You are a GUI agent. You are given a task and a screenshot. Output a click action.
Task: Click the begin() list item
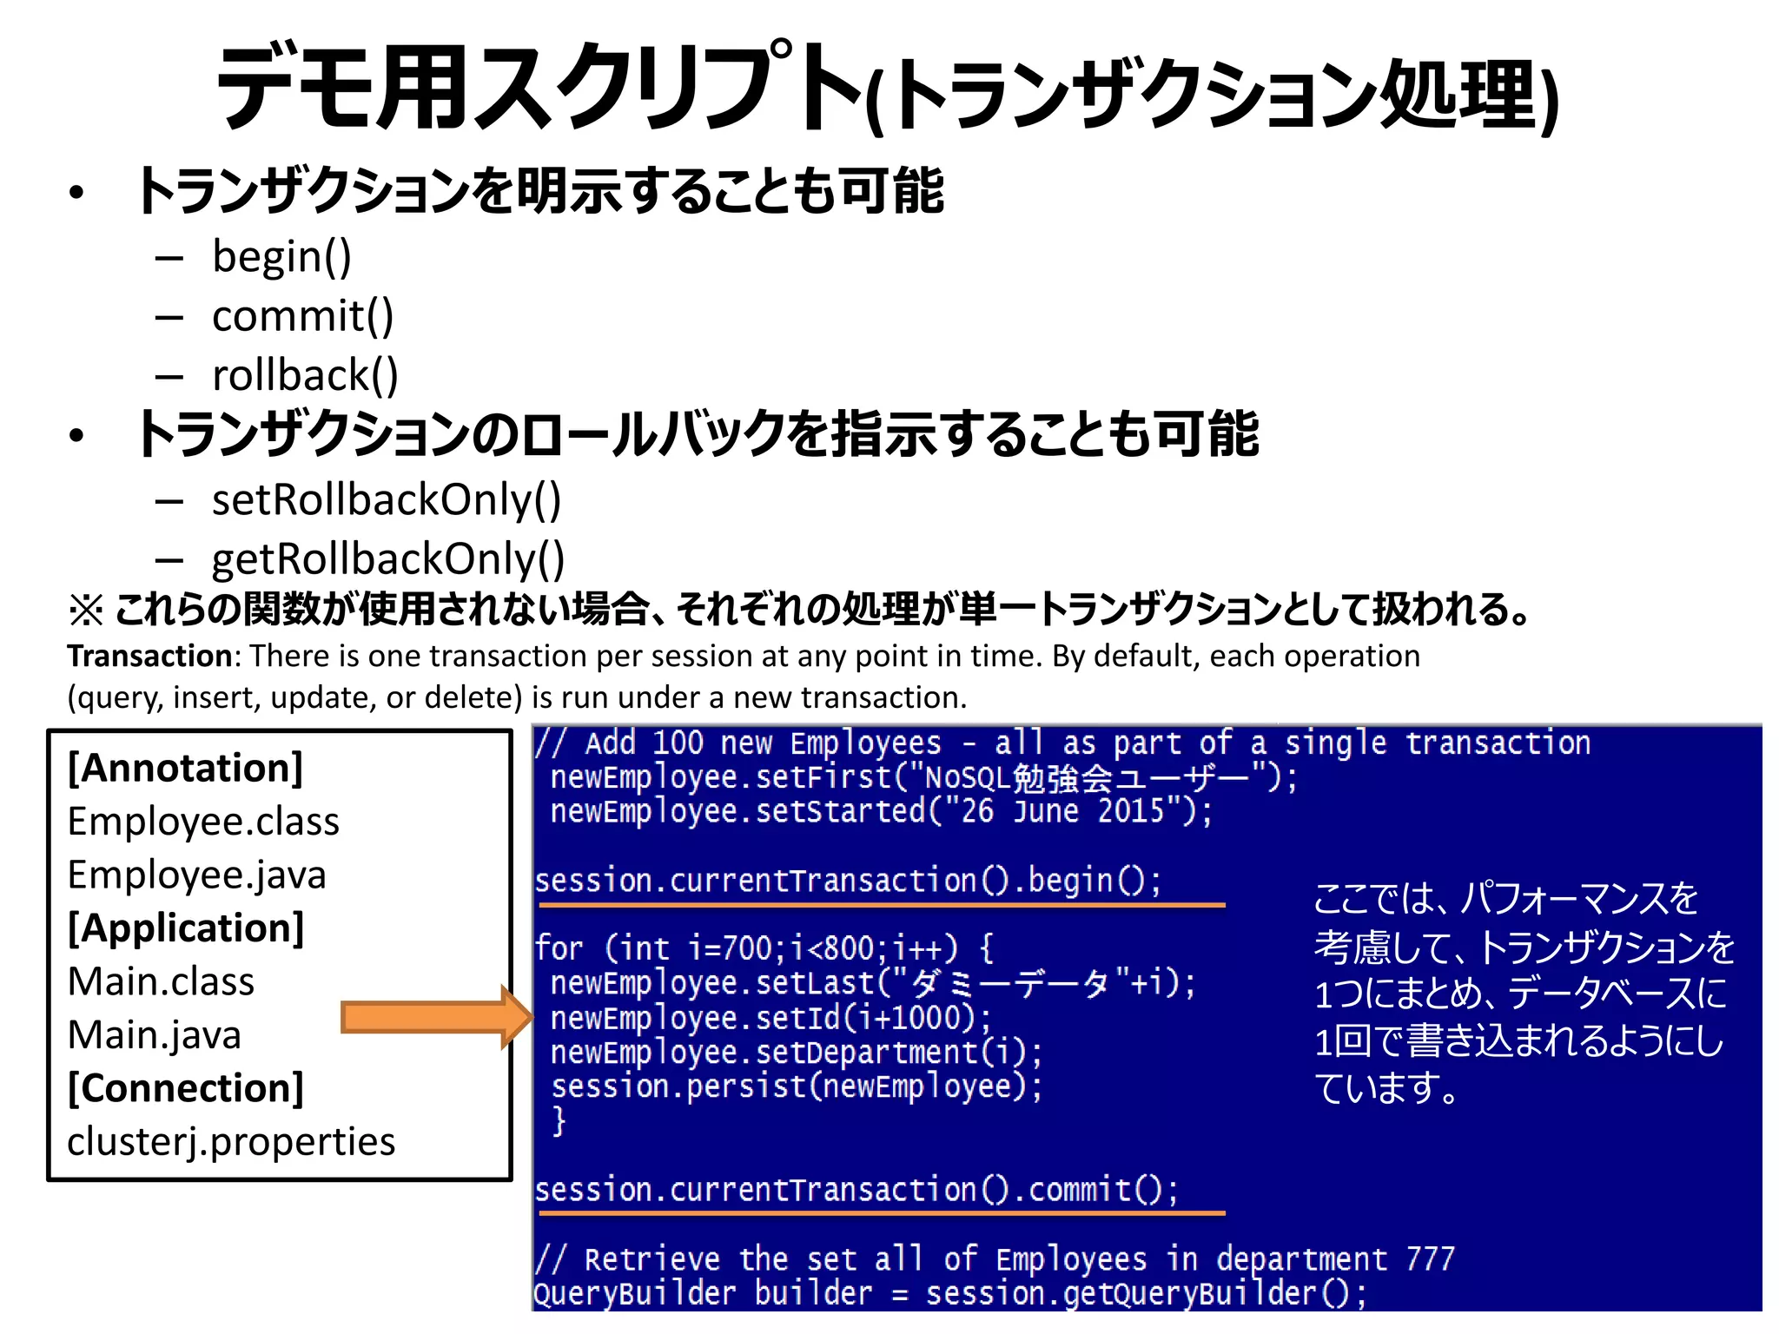[281, 257]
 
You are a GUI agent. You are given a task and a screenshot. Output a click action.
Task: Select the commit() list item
[302, 316]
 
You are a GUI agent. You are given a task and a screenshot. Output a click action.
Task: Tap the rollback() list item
[305, 375]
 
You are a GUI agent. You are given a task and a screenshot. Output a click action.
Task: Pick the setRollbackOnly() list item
[387, 500]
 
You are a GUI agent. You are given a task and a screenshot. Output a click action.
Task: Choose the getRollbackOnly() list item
[388, 559]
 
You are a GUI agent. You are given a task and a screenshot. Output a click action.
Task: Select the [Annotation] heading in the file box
[186, 769]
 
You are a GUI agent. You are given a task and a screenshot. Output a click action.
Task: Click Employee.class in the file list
[203, 822]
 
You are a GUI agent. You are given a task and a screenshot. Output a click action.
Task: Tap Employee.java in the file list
[196, 875]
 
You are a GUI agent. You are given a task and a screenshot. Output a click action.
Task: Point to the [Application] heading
[186, 928]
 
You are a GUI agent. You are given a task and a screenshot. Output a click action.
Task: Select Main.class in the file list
[161, 982]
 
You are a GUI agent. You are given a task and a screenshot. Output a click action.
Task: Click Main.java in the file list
[154, 1035]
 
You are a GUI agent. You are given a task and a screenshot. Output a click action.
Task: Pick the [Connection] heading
[186, 1088]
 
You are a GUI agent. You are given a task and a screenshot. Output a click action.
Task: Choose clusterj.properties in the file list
[231, 1142]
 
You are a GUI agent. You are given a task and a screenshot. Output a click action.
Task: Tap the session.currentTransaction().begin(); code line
[848, 882]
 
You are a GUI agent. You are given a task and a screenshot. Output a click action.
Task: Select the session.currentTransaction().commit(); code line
[856, 1190]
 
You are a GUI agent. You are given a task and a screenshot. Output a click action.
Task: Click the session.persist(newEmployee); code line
[797, 1086]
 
